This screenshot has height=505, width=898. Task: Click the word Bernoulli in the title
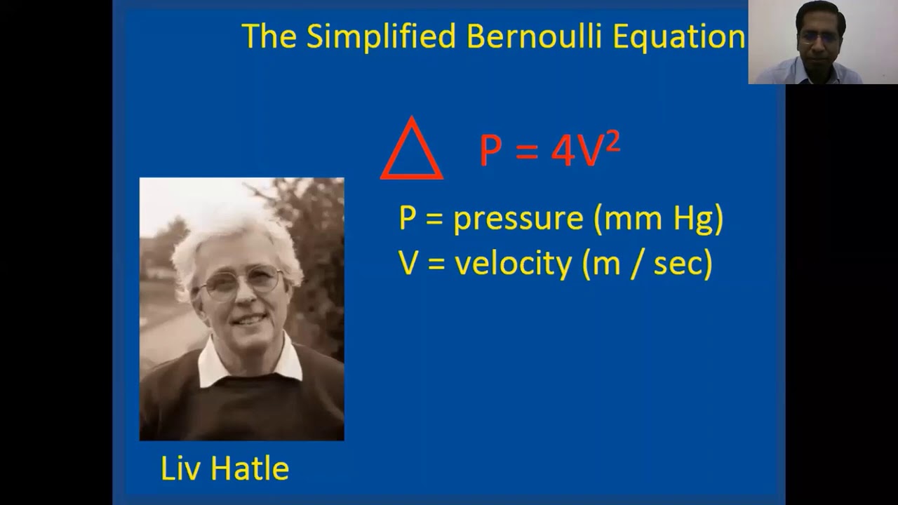click(x=534, y=36)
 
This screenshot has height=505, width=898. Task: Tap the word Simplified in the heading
click(x=380, y=36)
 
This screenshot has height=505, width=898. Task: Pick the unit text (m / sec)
click(x=648, y=264)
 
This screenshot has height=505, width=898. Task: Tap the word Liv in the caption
click(x=179, y=469)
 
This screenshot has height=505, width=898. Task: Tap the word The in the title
click(x=269, y=36)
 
